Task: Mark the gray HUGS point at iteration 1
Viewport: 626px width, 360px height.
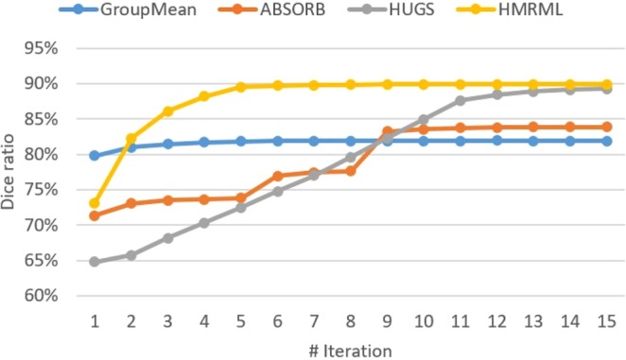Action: point(95,262)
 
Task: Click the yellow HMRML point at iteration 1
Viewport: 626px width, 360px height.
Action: point(95,203)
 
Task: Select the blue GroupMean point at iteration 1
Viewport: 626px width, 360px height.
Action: point(95,155)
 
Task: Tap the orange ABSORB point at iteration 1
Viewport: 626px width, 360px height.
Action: point(95,216)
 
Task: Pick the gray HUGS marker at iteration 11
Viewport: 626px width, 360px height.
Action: point(460,100)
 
